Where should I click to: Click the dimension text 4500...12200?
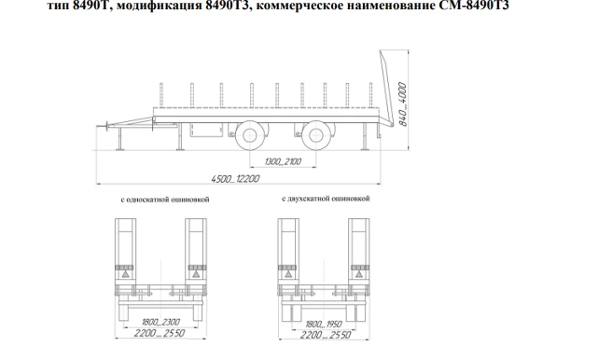pos(230,177)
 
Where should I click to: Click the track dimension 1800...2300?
pos(159,322)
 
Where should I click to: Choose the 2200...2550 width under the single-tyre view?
pos(159,334)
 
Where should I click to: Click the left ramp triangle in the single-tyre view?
pos(122,276)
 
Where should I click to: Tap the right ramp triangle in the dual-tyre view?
pos(357,276)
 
